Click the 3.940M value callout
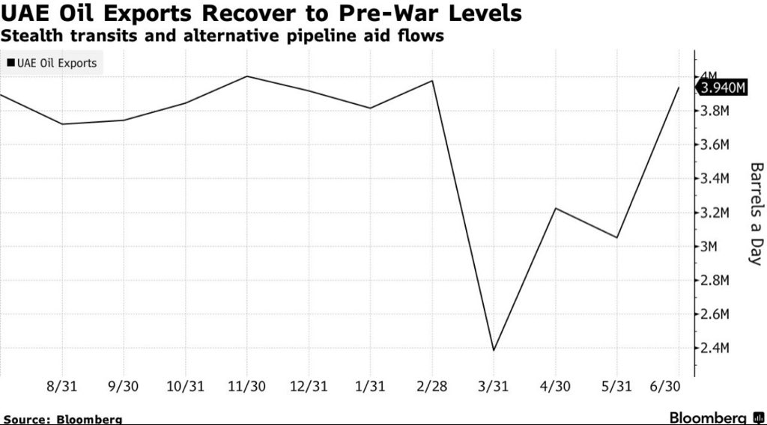pyautogui.click(x=722, y=88)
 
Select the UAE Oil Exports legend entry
pyautogui.click(x=52, y=63)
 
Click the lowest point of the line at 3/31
pyautogui.click(x=494, y=350)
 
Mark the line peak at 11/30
pyautogui.click(x=246, y=76)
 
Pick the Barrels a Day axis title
pyautogui.click(x=756, y=214)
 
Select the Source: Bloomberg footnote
pyautogui.click(x=63, y=419)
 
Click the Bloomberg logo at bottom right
pyautogui.click(x=716, y=418)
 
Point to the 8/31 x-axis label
pyautogui.click(x=61, y=386)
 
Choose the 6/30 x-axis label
pyautogui.click(x=665, y=386)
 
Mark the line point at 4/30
pyautogui.click(x=555, y=208)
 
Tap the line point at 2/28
pyautogui.click(x=432, y=81)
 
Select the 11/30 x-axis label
pyautogui.click(x=246, y=386)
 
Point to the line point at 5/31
pyautogui.click(x=617, y=238)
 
